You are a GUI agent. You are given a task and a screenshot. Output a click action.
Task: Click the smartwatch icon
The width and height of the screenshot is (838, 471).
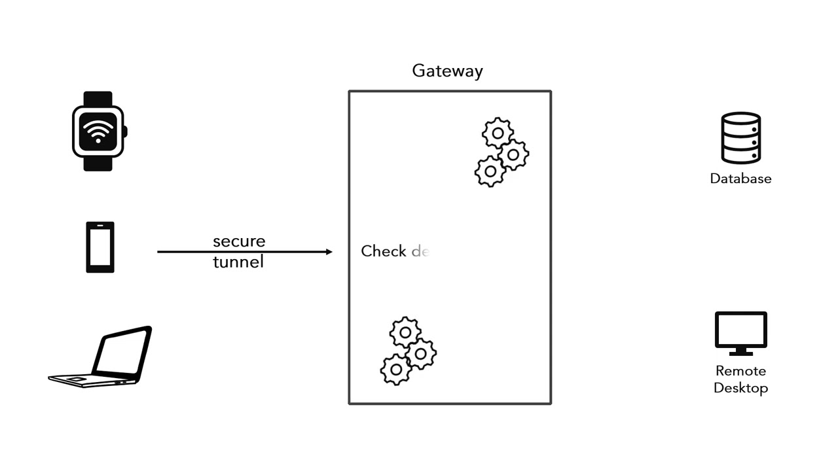98,131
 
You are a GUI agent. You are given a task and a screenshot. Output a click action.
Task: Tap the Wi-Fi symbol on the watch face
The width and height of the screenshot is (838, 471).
98,131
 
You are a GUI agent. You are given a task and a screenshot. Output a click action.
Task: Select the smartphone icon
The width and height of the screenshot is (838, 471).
100,247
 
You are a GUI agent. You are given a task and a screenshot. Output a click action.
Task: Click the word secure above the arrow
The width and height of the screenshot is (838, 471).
239,241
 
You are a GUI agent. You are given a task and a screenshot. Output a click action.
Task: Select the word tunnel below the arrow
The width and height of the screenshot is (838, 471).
238,262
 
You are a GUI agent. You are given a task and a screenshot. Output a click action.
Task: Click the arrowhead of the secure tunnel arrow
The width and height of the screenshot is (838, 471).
329,252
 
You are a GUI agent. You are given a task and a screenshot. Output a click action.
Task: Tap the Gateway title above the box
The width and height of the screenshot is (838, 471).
447,71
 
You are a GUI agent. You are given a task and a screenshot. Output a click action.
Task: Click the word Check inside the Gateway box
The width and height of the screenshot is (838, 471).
384,251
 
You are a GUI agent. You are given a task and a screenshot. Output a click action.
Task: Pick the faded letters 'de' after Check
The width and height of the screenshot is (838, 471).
420,251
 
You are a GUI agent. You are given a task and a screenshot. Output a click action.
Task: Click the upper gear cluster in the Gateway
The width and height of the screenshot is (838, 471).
501,152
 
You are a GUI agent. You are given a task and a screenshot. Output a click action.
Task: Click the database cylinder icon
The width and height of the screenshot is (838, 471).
740,137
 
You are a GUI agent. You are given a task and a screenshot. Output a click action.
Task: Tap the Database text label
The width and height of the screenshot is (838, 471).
740,179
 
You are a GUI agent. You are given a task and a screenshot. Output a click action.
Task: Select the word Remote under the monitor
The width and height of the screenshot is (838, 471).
740,371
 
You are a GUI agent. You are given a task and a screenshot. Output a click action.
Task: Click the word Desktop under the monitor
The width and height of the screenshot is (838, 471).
740,388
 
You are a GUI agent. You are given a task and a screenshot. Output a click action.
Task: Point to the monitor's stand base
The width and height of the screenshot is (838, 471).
740,353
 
